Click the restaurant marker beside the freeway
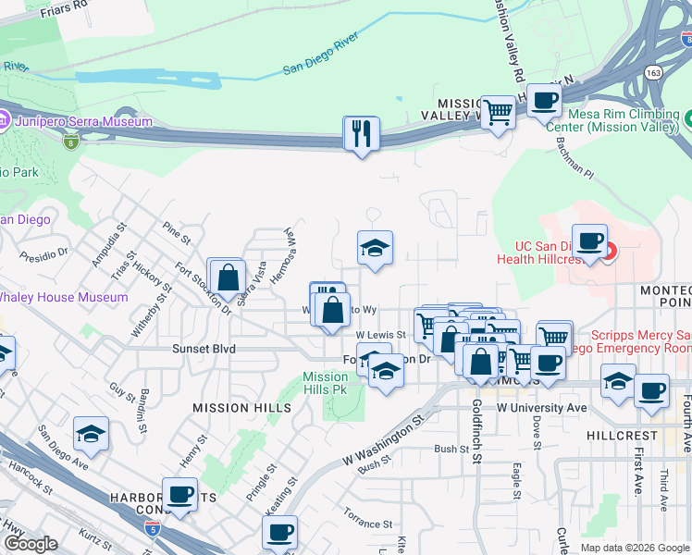(x=361, y=133)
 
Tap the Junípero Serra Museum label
(x=82, y=121)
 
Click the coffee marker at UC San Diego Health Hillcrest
(x=590, y=241)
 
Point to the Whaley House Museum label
(x=63, y=297)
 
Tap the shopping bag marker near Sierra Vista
(x=227, y=276)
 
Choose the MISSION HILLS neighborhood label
(x=234, y=407)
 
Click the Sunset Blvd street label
(x=204, y=349)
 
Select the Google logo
(x=31, y=544)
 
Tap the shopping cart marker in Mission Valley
(x=498, y=113)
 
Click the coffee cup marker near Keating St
(x=279, y=532)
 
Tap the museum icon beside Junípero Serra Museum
(x=5, y=120)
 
